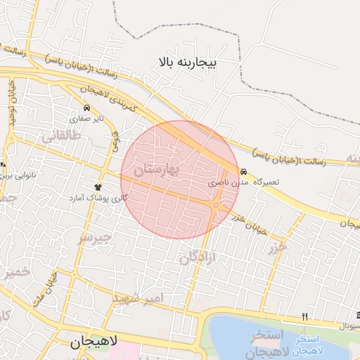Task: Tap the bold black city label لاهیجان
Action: pyautogui.click(x=96, y=343)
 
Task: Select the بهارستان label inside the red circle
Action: pyautogui.click(x=157, y=169)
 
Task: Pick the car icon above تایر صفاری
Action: pyautogui.click(x=86, y=108)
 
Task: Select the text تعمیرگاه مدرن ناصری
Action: pyautogui.click(x=246, y=182)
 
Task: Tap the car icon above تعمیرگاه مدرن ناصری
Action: pyautogui.click(x=243, y=172)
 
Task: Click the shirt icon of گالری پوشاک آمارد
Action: pyautogui.click(x=98, y=187)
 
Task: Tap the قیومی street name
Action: pyautogui.click(x=115, y=139)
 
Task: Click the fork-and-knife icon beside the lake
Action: pyautogui.click(x=304, y=316)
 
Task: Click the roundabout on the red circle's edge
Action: pyautogui.click(x=219, y=205)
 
